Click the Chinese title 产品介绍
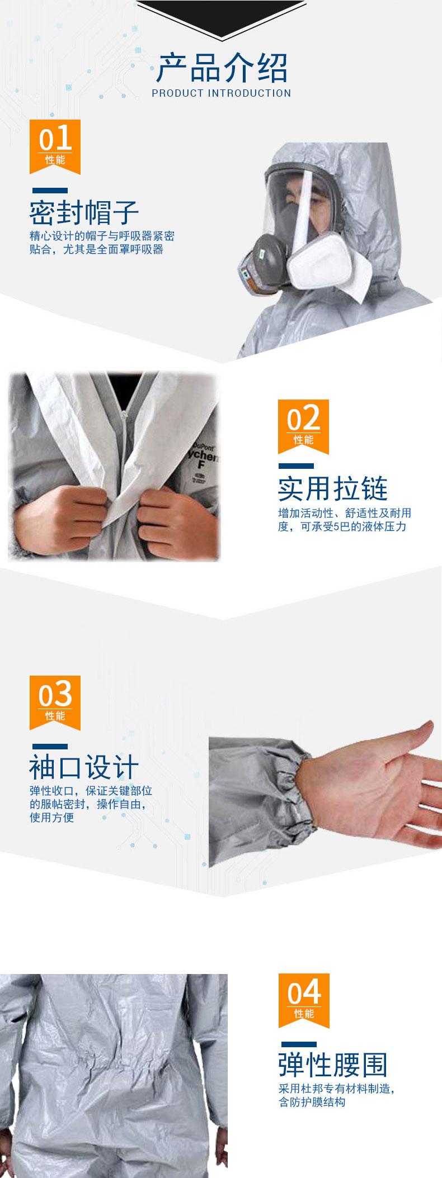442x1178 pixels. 222,68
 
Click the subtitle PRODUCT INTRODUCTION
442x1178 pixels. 222,93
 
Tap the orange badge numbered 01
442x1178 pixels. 55,146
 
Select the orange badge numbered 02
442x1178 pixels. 303,426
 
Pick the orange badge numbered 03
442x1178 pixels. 55,702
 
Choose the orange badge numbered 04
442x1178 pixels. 304,1000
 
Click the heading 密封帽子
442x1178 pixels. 84,212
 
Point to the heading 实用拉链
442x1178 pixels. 333,489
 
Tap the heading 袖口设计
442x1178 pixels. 84,767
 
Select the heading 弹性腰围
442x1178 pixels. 333,1065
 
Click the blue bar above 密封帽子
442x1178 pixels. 50,191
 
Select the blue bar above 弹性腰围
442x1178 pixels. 299,1044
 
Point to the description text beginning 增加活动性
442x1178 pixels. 345,520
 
